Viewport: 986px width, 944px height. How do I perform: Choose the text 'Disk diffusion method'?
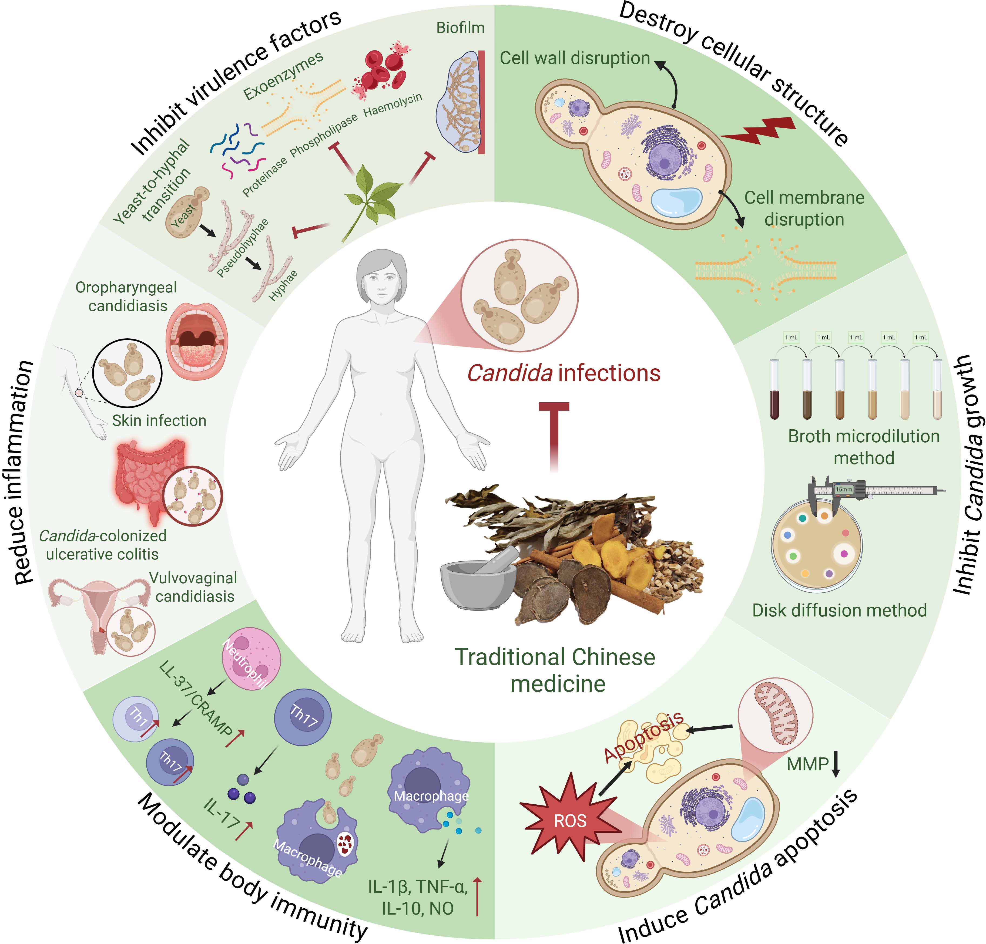tap(839, 610)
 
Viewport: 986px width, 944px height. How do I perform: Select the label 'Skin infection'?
tap(159, 420)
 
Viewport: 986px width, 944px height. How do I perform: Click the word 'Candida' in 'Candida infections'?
tap(509, 373)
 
